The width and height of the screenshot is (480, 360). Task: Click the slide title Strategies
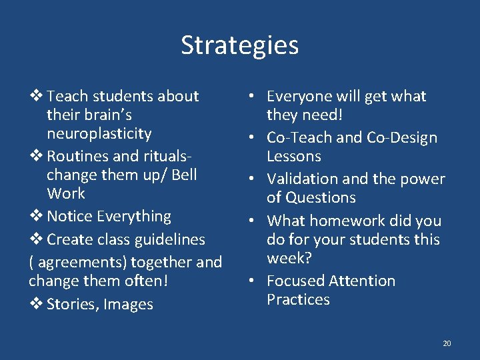click(239, 45)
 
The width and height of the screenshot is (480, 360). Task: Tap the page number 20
click(447, 343)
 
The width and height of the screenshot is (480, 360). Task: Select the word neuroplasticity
click(99, 133)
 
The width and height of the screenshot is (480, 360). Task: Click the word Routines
click(77, 156)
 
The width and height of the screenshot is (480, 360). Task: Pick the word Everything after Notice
click(134, 216)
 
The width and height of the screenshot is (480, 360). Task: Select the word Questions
click(321, 197)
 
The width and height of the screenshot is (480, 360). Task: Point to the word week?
click(289, 257)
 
